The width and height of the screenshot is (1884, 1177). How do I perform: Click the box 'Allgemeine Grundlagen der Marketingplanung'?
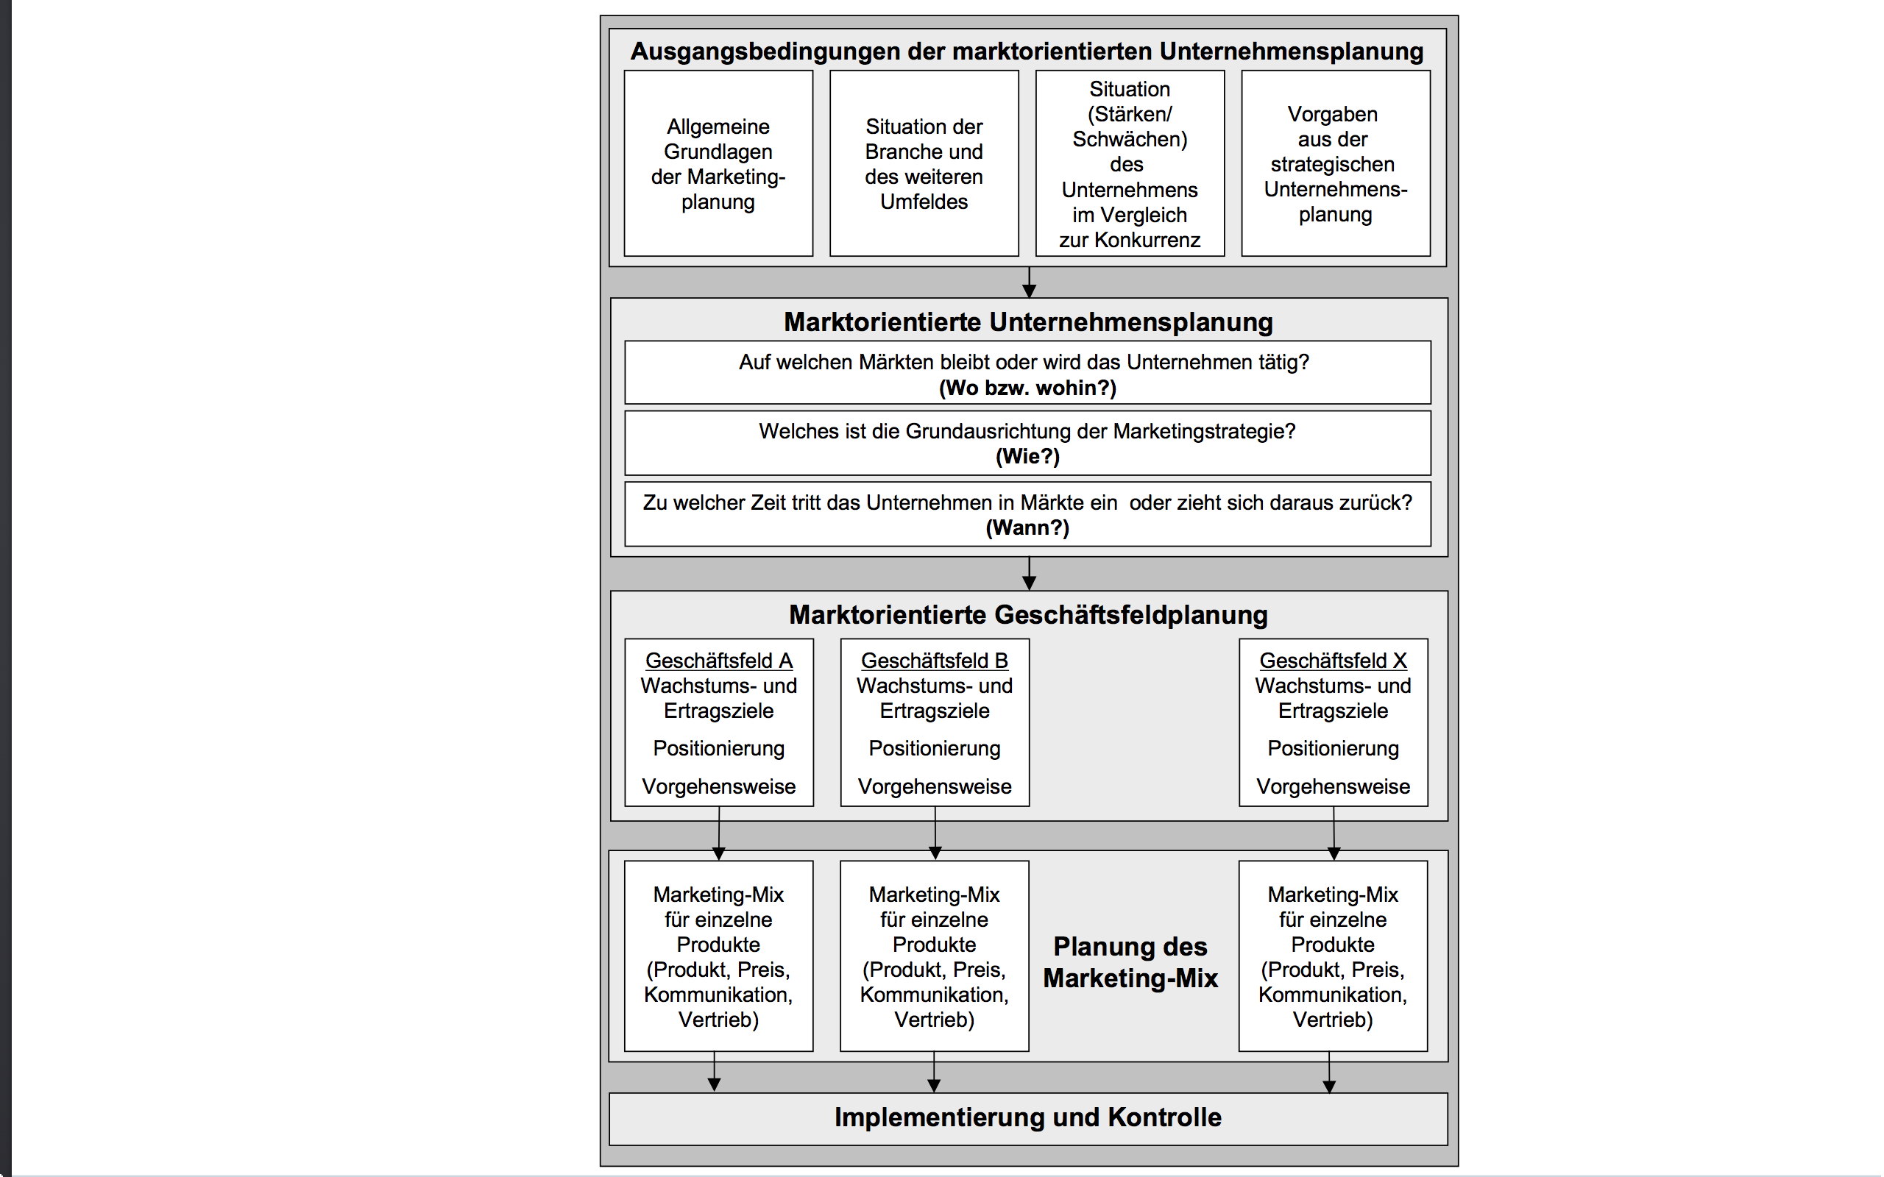[718, 163]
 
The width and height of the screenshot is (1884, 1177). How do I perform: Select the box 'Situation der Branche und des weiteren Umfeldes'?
[924, 163]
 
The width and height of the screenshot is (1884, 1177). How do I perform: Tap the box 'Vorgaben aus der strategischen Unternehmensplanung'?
[1335, 163]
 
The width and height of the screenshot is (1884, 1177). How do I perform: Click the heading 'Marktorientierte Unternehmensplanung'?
[1027, 321]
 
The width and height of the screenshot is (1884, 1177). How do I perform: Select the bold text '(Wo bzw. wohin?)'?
[1027, 388]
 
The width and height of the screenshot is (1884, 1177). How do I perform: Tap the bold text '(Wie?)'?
[1027, 456]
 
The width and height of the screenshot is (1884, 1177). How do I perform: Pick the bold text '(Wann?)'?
[1027, 527]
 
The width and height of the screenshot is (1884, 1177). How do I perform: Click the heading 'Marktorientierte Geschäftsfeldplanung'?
[1027, 614]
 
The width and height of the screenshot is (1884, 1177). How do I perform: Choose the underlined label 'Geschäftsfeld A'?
[718, 661]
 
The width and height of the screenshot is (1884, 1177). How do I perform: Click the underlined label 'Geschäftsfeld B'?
[934, 661]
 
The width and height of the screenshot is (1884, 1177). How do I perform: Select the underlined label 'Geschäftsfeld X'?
[1333, 661]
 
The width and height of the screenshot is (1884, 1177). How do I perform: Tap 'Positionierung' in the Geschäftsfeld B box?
[934, 748]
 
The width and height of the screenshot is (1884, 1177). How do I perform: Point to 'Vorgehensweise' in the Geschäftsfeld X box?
[1333, 786]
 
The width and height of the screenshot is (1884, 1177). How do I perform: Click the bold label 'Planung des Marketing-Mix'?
[1130, 962]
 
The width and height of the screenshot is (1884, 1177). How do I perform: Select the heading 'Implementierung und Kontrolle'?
[1027, 1117]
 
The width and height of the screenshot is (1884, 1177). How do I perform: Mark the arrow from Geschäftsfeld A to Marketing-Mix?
[718, 833]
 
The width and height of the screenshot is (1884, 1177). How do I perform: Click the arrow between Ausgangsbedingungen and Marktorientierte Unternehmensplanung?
[1028, 282]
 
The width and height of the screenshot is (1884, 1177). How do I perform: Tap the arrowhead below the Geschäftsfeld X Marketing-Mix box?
[1329, 1087]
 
